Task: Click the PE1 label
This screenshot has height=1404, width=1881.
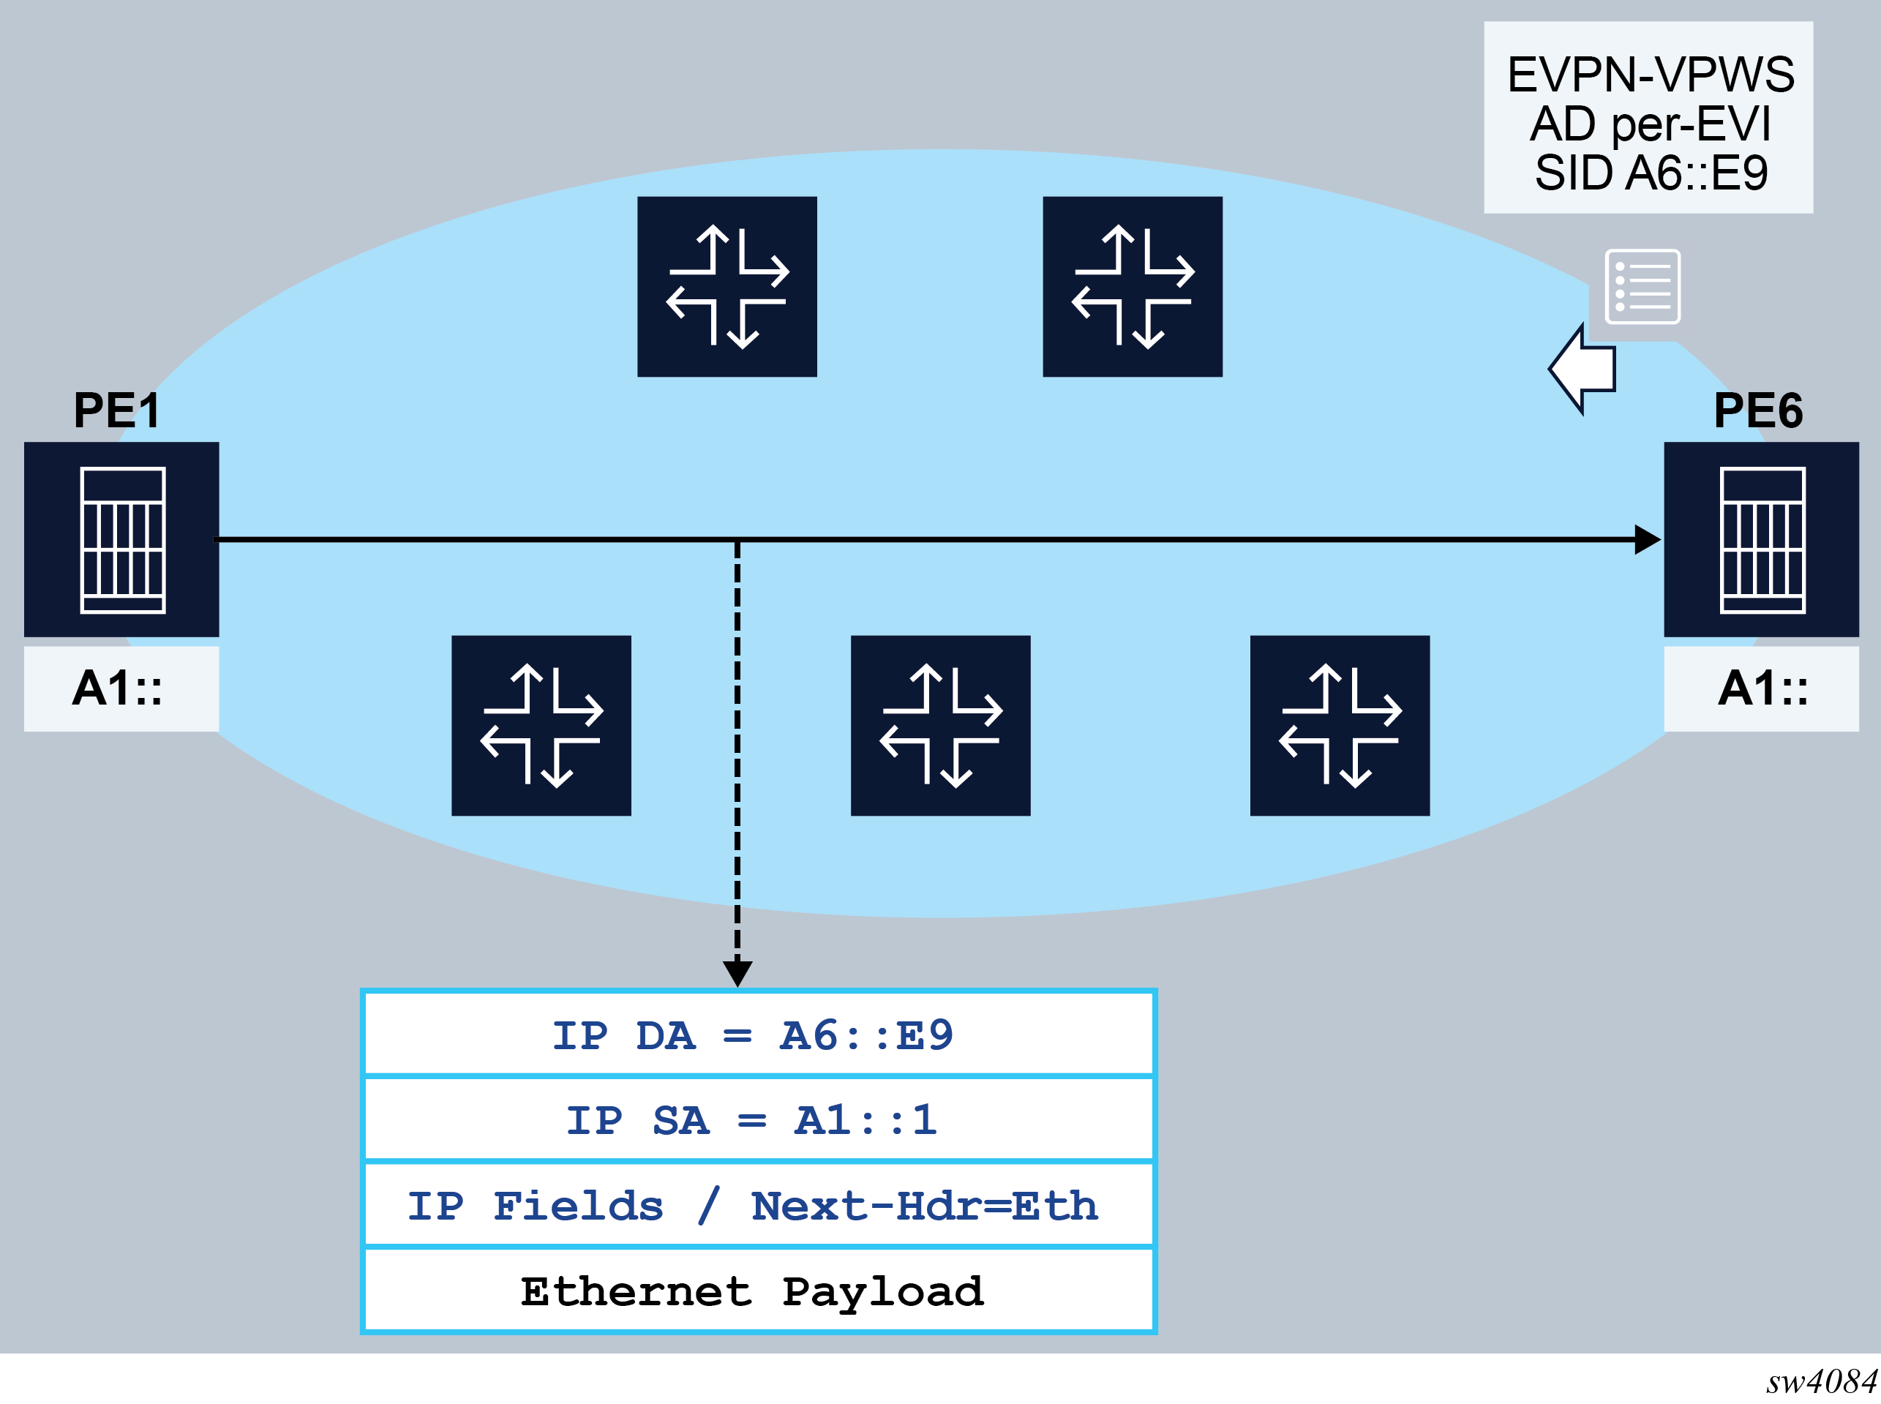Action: point(116,410)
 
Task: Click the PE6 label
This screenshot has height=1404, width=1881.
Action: point(1758,410)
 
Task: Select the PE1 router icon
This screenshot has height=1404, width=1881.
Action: point(121,540)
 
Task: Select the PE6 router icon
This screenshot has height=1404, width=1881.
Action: point(1761,540)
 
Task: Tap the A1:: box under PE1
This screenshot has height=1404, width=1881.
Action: point(121,688)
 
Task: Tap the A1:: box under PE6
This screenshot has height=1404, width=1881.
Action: point(1761,688)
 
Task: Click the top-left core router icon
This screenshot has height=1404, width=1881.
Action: point(727,286)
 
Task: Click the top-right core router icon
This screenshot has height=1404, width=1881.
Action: point(1132,286)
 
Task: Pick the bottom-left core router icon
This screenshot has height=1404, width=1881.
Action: point(541,725)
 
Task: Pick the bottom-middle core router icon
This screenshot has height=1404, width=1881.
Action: point(940,725)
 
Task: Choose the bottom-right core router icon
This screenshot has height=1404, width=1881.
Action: point(1340,725)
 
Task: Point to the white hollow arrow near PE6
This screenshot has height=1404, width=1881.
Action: point(1582,369)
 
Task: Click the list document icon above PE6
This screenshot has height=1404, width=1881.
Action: point(1642,286)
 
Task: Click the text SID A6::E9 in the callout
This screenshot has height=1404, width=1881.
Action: point(1651,173)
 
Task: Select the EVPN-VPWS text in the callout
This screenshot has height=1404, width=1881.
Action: point(1651,75)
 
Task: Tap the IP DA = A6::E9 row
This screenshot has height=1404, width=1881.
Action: point(757,1035)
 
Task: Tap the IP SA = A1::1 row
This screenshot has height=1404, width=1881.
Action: point(757,1120)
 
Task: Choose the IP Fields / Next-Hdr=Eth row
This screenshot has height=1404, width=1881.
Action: point(757,1206)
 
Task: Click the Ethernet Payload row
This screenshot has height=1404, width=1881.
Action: point(757,1291)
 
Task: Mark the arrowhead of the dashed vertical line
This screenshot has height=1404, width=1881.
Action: point(737,972)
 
